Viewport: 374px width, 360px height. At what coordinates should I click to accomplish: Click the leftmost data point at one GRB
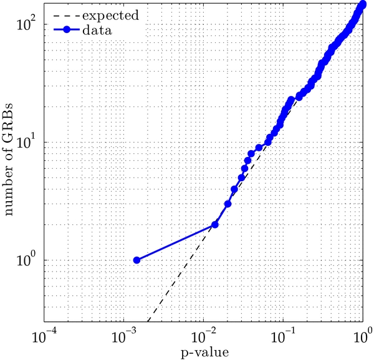[137, 260]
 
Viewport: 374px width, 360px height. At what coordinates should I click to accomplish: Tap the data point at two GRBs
[215, 225]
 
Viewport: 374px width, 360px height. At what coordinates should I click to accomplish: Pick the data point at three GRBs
[228, 204]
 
